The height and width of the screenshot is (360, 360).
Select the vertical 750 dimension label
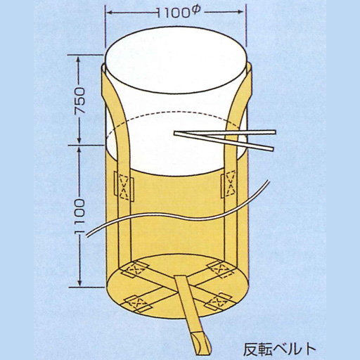pos(79,101)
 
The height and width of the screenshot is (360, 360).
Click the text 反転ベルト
pos(279,349)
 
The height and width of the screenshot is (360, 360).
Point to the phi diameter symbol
pos(196,11)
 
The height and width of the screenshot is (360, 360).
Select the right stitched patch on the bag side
pos(230,184)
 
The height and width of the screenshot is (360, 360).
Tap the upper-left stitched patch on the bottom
pos(134,269)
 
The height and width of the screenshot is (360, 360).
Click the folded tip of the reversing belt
pos(201,346)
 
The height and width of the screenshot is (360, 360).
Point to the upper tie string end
pos(275,132)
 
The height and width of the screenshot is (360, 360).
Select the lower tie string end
pos(272,148)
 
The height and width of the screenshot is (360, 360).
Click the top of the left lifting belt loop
pos(103,67)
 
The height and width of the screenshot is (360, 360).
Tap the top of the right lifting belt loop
pos(250,67)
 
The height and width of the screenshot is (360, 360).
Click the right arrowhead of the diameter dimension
pos(241,11)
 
